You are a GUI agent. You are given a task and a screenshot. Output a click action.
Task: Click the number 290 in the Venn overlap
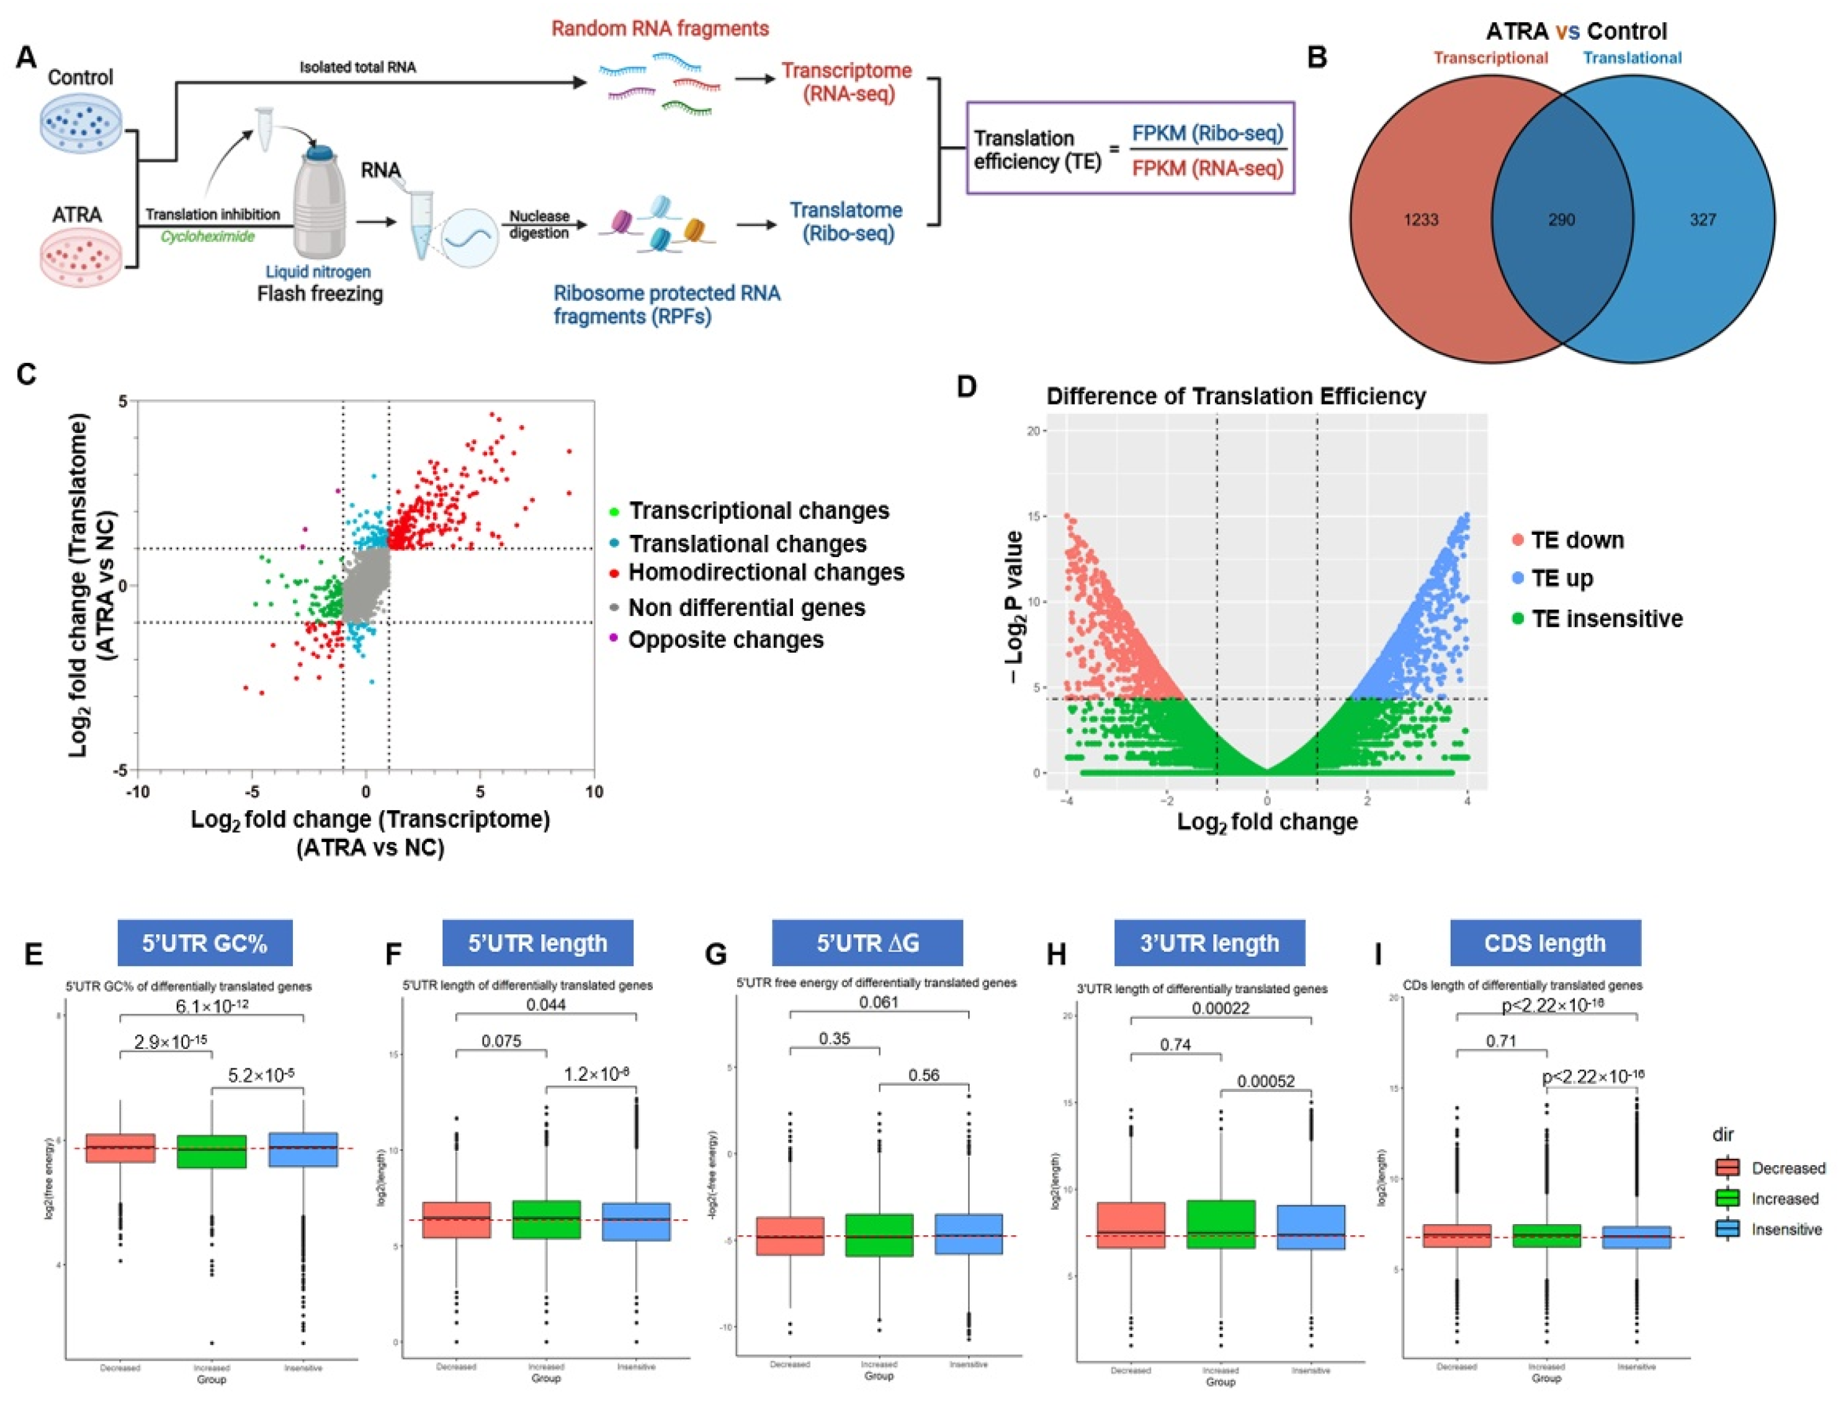coord(1561,220)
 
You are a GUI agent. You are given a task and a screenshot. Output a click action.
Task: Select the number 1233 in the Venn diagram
coord(1421,220)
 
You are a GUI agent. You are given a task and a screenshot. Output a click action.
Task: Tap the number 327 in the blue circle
coord(1702,220)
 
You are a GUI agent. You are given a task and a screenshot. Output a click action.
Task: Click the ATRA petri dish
coord(81,257)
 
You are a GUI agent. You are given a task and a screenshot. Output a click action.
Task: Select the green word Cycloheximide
coord(207,236)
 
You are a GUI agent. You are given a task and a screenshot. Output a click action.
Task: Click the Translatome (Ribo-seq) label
coord(846,221)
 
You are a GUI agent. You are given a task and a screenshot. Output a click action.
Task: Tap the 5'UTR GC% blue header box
coord(205,942)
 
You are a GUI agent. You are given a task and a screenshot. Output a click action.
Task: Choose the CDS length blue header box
coord(1545,942)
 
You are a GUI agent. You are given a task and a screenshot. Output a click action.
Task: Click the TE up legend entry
coord(1561,578)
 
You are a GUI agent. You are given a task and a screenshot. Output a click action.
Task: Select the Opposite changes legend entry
coord(725,640)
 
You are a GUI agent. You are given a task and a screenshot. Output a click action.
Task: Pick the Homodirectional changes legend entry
coord(766,573)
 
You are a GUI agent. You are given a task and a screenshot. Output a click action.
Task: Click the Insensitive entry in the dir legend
coord(1786,1229)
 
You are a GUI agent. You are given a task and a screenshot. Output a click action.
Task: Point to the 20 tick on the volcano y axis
coord(1034,431)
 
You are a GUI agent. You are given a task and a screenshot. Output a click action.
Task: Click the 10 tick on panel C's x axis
coord(593,790)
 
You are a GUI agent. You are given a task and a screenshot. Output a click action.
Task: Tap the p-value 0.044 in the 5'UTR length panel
coord(545,1004)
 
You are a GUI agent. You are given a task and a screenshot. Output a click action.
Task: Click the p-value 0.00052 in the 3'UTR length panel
coord(1266,1081)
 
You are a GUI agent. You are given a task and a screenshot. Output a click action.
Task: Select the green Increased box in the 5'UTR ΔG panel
coord(878,1235)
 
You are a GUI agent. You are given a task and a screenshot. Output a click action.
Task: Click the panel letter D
coord(966,387)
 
